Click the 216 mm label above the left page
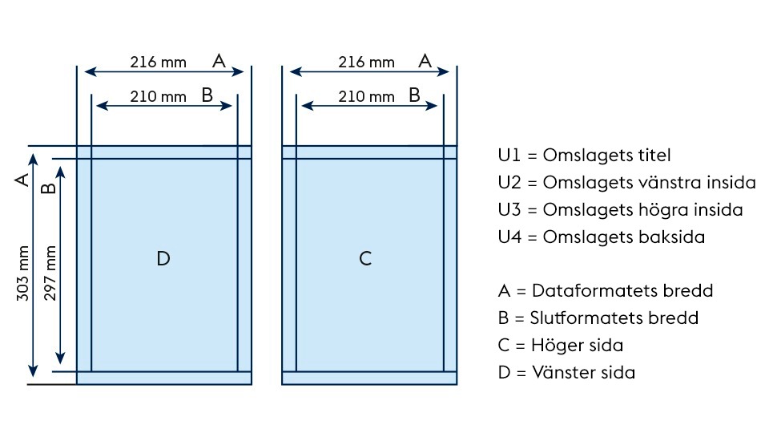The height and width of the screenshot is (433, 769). click(x=159, y=62)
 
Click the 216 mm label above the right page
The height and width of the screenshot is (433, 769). click(x=366, y=62)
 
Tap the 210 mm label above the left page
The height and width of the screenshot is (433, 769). click(x=159, y=96)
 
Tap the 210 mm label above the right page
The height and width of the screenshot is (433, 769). click(x=366, y=96)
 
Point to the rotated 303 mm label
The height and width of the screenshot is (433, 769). click(x=24, y=273)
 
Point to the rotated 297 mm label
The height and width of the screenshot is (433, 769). click(x=50, y=273)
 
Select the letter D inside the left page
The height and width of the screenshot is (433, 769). click(x=163, y=258)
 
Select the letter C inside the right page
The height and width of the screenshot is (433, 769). click(x=365, y=258)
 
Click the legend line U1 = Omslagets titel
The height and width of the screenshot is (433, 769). click(x=584, y=156)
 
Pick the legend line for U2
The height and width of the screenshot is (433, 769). click(x=626, y=183)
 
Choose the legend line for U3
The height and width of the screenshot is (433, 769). click(x=620, y=210)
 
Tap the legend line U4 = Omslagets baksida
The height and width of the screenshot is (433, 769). click(x=601, y=237)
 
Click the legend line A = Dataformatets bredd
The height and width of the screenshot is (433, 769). click(x=605, y=290)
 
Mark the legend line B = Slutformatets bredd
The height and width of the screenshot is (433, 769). click(x=598, y=318)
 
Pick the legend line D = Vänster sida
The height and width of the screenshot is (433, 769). click(x=566, y=373)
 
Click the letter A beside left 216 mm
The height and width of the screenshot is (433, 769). click(x=219, y=60)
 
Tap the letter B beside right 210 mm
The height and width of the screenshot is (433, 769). click(x=414, y=95)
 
